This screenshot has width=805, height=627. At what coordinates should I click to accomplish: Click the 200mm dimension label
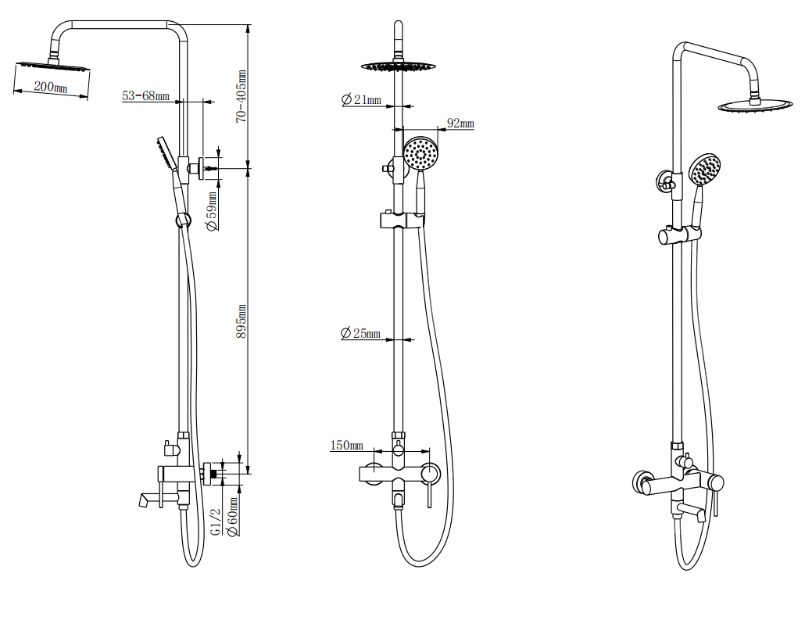tap(51, 87)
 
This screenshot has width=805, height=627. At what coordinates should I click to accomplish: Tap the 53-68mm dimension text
tap(145, 96)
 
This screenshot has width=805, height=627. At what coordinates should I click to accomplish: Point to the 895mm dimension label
tap(241, 321)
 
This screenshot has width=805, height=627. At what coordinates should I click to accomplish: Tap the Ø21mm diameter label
tap(361, 99)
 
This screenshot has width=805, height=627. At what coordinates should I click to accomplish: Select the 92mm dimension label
tap(460, 124)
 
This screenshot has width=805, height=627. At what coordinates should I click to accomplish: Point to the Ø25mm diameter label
tap(360, 333)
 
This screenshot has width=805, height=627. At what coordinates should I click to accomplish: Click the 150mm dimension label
tap(347, 446)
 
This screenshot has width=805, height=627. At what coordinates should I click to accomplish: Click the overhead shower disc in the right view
tap(753, 106)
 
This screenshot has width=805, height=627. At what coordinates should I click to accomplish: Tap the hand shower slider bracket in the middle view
tap(400, 220)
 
